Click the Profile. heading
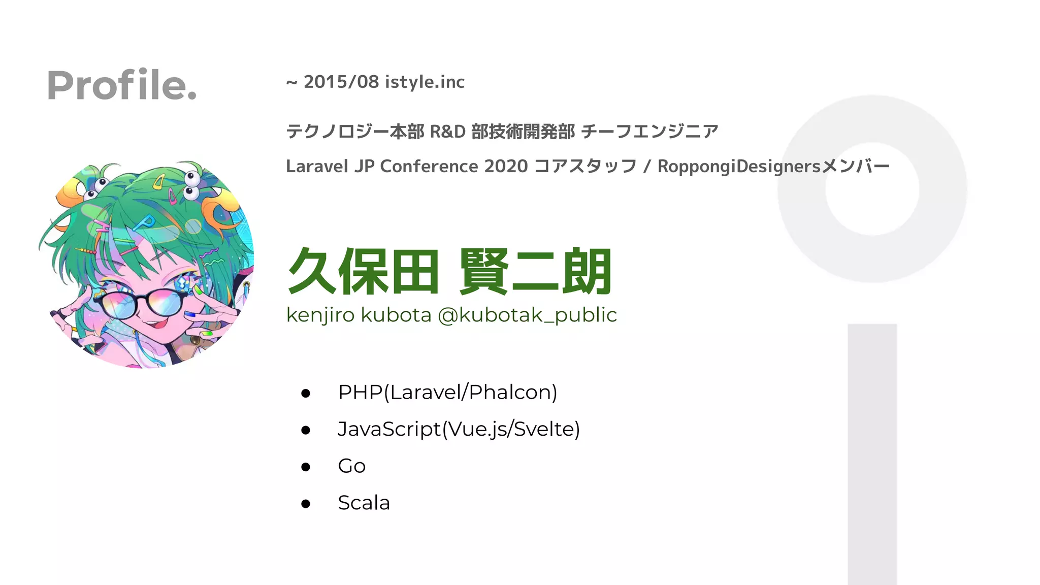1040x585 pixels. (x=121, y=85)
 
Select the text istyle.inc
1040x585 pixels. (x=425, y=82)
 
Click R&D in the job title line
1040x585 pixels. (x=447, y=132)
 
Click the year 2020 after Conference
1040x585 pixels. (x=506, y=166)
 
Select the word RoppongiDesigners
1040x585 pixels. (x=739, y=166)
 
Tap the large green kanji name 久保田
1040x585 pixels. (x=363, y=272)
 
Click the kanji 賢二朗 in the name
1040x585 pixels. (x=535, y=272)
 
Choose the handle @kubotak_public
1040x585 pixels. (x=527, y=315)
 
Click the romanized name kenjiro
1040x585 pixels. (x=320, y=315)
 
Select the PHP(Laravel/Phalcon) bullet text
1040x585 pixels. (x=447, y=392)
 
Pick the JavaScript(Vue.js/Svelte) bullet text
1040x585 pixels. (x=459, y=429)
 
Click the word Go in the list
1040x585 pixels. (x=351, y=466)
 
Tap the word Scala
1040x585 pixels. (x=364, y=503)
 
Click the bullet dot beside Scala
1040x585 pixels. (x=305, y=503)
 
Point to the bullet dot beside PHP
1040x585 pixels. (x=305, y=393)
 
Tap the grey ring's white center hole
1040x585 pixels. (x=872, y=189)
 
